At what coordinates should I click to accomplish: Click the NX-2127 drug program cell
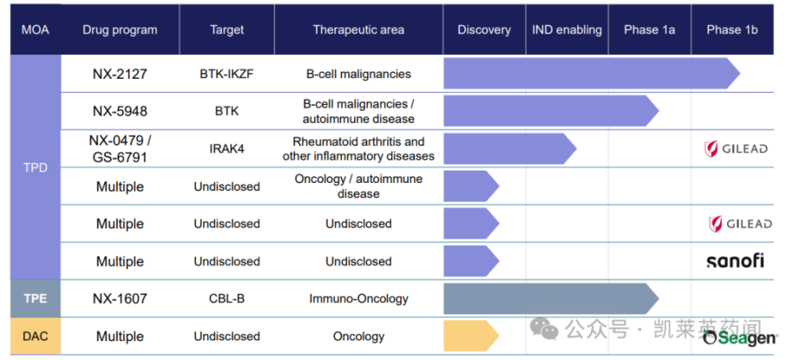[x=120, y=74]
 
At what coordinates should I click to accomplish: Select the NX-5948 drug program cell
[x=120, y=112]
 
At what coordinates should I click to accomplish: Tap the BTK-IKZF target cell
[x=226, y=74]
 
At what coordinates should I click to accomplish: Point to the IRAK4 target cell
[x=226, y=148]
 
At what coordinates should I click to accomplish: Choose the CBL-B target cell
[x=226, y=298]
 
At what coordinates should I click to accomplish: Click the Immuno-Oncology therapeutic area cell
[x=358, y=298]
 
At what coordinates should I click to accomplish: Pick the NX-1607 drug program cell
[x=120, y=298]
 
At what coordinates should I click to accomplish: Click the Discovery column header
[x=484, y=30]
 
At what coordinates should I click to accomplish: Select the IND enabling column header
[x=566, y=30]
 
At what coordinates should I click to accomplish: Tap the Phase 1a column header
[x=649, y=30]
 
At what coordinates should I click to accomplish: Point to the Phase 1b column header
[x=732, y=30]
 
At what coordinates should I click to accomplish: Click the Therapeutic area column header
[x=358, y=30]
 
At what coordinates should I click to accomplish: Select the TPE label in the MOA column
[x=35, y=298]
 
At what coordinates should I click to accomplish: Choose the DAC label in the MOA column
[x=35, y=336]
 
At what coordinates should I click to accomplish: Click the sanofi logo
[x=735, y=261]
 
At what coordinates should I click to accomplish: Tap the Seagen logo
[x=739, y=338]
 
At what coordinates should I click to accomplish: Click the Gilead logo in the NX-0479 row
[x=736, y=148]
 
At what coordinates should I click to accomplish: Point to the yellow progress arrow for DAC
[x=470, y=336]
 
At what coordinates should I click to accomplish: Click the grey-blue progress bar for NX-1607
[x=549, y=298]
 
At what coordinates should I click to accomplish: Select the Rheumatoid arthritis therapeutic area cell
[x=358, y=148]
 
